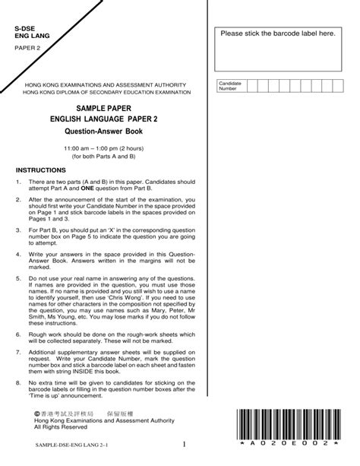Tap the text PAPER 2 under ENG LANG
pos(30,47)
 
